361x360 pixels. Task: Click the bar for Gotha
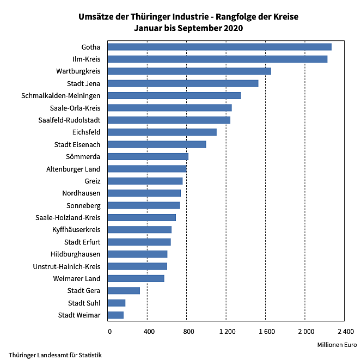coord(219,47)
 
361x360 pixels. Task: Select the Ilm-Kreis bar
coord(217,59)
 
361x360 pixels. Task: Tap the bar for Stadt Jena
coord(183,83)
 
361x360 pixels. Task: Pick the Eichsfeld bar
coord(162,132)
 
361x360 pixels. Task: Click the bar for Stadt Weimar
coord(115,315)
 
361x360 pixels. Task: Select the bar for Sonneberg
coord(144,205)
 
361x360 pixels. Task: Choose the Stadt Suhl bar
coord(117,303)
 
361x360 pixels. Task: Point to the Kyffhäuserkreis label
coord(76,230)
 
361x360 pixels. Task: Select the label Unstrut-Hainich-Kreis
coord(66,266)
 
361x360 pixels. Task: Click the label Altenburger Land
coord(73,169)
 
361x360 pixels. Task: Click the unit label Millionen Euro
coord(336,345)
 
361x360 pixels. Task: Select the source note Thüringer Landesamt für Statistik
coord(55,355)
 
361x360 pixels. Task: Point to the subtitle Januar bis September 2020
coord(188,28)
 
